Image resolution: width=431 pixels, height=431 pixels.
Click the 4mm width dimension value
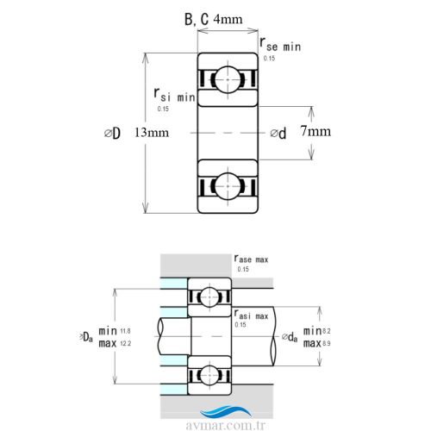tap(228, 18)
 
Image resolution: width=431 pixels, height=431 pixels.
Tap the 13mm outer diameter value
tap(152, 133)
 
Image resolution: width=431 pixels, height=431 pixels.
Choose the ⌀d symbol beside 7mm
tap(278, 133)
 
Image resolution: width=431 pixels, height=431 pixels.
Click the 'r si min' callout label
tap(174, 95)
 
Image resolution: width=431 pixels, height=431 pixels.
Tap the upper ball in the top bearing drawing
tap(228, 78)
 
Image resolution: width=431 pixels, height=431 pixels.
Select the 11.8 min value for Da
tap(126, 331)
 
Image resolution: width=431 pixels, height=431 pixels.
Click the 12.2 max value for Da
tap(126, 343)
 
